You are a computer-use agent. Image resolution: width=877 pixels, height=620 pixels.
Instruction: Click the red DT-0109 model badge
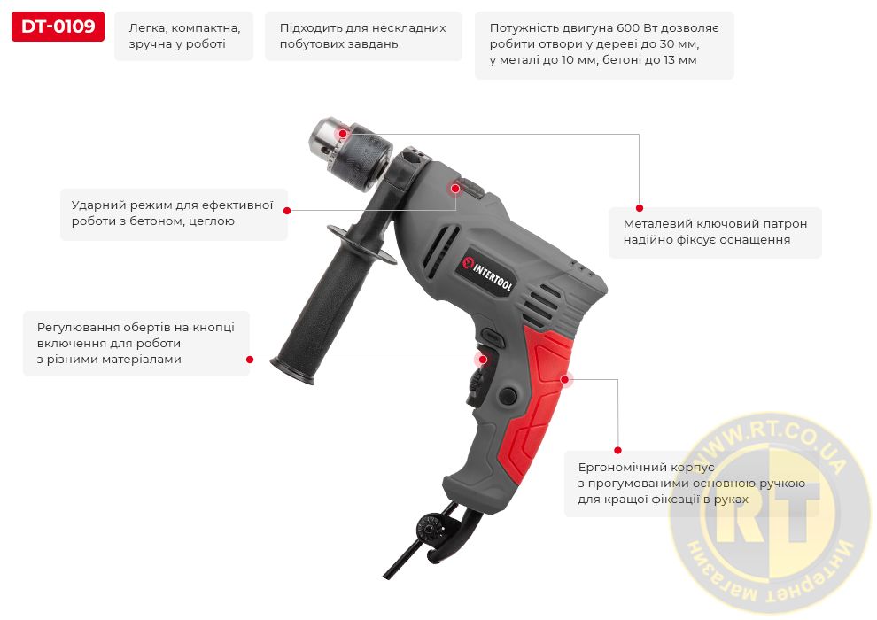click(x=58, y=27)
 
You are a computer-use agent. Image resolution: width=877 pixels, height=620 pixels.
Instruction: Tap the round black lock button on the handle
click(x=508, y=395)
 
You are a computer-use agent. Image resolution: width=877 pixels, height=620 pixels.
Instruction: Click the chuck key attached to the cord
click(x=431, y=527)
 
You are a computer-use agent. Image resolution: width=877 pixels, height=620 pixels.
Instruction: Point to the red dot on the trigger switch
click(x=480, y=360)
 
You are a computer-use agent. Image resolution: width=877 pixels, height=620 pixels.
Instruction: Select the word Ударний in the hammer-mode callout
click(x=97, y=205)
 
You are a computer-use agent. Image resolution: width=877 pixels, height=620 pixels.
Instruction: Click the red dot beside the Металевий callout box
click(x=640, y=208)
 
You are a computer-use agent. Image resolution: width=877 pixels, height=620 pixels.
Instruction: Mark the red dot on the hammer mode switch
click(x=455, y=189)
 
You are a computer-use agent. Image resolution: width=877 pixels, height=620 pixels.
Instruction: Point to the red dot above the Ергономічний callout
click(x=618, y=450)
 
